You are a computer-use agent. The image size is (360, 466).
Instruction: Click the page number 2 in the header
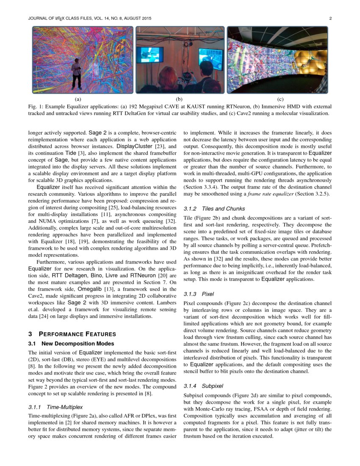330,19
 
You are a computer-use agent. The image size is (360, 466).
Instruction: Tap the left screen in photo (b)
150,55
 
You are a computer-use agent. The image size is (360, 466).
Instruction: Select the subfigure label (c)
280,99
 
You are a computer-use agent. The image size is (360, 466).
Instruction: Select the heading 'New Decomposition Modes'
78,343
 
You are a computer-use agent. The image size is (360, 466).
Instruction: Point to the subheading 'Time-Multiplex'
65,407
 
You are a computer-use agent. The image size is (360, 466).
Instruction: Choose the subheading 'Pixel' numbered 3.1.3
208,294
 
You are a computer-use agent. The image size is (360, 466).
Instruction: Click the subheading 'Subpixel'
212,386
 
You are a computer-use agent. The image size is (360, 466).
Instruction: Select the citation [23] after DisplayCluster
160,146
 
